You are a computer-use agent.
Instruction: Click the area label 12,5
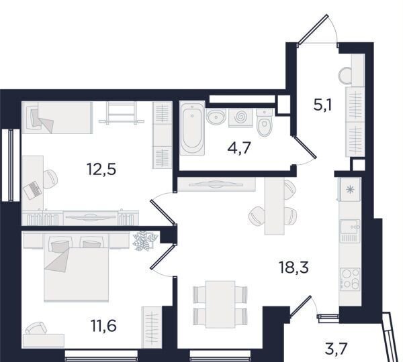(102, 170)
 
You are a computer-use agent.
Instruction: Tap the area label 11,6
(104, 326)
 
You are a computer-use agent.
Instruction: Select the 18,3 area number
(294, 267)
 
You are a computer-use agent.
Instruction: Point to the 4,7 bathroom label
(239, 148)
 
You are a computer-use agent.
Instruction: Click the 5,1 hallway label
(322, 105)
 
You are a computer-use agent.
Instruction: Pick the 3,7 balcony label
(337, 349)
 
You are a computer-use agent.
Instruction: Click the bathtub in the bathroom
(192, 128)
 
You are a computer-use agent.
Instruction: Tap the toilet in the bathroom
(265, 123)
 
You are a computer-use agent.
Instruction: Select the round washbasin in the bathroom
(216, 117)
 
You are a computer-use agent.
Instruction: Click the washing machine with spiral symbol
(240, 117)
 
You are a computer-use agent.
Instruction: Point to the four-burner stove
(350, 279)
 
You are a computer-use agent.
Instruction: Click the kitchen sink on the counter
(350, 231)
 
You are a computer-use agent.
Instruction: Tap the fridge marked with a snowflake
(350, 190)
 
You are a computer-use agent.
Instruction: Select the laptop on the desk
(32, 190)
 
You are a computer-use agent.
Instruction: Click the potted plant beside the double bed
(144, 241)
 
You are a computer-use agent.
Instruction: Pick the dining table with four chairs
(220, 304)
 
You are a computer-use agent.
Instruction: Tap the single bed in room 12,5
(57, 117)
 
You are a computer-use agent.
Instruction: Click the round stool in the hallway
(345, 76)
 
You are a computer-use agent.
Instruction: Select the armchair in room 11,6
(36, 328)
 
